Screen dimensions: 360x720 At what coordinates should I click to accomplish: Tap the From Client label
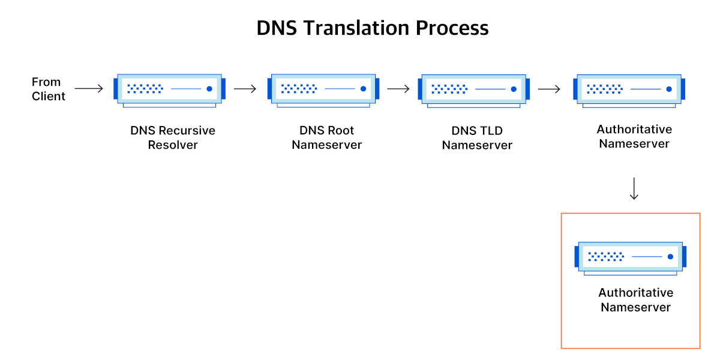(48, 89)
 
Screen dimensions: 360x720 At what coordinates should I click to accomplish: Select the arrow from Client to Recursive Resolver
(89, 89)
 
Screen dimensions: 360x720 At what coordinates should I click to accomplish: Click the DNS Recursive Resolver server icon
(170, 90)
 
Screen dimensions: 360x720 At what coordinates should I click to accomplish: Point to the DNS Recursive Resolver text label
(173, 137)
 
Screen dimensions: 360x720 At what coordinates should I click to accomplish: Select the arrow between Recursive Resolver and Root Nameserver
(245, 89)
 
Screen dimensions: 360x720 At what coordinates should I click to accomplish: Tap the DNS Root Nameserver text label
(327, 137)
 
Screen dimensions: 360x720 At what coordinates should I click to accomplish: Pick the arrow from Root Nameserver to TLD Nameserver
(398, 89)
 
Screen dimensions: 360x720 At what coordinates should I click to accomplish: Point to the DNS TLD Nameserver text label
(477, 137)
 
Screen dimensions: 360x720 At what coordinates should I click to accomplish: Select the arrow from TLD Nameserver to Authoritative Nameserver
(549, 89)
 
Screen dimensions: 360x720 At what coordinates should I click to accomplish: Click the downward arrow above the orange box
(634, 188)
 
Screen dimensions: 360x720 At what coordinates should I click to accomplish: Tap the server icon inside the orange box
(630, 257)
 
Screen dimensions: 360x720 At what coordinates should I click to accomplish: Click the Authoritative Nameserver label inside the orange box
(635, 300)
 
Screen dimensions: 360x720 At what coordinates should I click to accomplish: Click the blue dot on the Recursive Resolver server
(209, 89)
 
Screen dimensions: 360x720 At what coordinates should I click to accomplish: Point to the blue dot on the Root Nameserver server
(363, 89)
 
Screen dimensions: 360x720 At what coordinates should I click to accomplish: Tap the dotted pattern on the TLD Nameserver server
(449, 89)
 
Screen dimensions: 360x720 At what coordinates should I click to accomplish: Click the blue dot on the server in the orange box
(670, 256)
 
